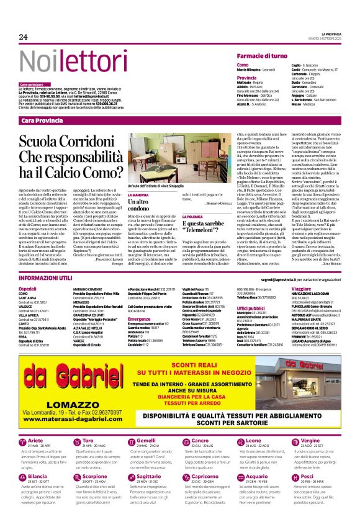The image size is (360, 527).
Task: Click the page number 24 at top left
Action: (x=24, y=37)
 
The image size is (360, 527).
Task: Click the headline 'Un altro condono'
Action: (x=142, y=205)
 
